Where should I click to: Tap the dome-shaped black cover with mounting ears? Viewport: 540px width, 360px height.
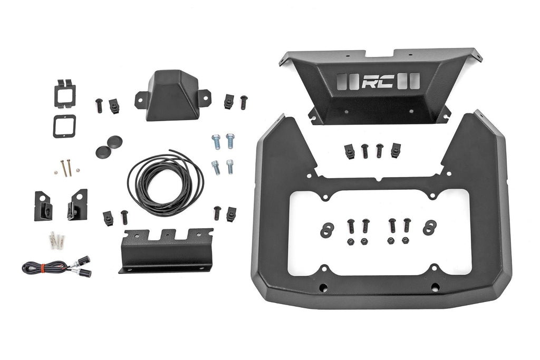(172, 95)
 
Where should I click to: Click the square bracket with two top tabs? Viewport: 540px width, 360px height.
(64, 92)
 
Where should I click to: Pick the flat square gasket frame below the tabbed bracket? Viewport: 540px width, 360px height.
(64, 126)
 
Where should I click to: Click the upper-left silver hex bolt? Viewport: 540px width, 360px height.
(216, 142)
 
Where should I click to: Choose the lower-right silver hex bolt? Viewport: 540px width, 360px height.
(230, 167)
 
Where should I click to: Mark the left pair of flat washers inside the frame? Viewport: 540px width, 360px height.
(327, 229)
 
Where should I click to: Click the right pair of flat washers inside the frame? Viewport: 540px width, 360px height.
(429, 228)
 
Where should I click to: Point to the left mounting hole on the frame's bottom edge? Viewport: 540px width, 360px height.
(323, 287)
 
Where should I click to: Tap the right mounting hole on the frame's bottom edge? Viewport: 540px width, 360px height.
(435, 287)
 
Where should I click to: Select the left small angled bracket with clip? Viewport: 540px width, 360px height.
(43, 206)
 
